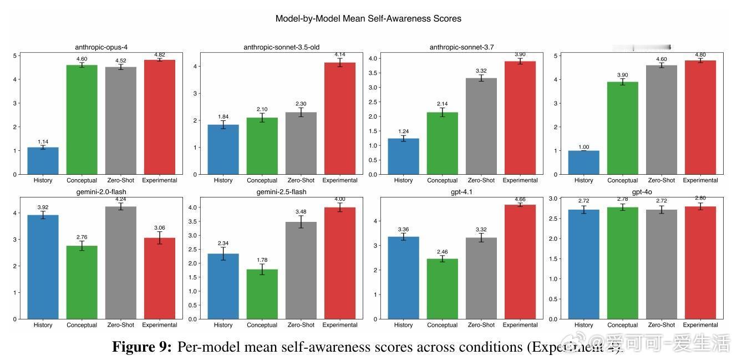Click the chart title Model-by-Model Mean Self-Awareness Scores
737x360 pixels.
point(368,18)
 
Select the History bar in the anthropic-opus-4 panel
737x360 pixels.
point(43,161)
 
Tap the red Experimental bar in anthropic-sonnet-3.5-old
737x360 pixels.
point(340,119)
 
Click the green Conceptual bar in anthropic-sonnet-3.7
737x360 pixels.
point(442,144)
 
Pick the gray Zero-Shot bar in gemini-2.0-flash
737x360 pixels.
point(120,263)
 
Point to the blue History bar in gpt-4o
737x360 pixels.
point(583,265)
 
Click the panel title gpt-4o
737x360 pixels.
point(642,192)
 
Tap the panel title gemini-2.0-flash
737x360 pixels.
point(101,192)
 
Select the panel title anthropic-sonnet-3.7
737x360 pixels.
point(461,47)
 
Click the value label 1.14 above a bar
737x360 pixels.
point(43,142)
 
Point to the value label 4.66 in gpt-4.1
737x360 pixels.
point(520,199)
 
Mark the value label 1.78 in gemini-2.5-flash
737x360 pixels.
point(262,260)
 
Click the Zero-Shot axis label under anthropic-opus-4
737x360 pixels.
point(120,180)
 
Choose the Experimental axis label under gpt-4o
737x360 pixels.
point(700,325)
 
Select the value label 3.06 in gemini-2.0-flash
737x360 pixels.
point(160,228)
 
